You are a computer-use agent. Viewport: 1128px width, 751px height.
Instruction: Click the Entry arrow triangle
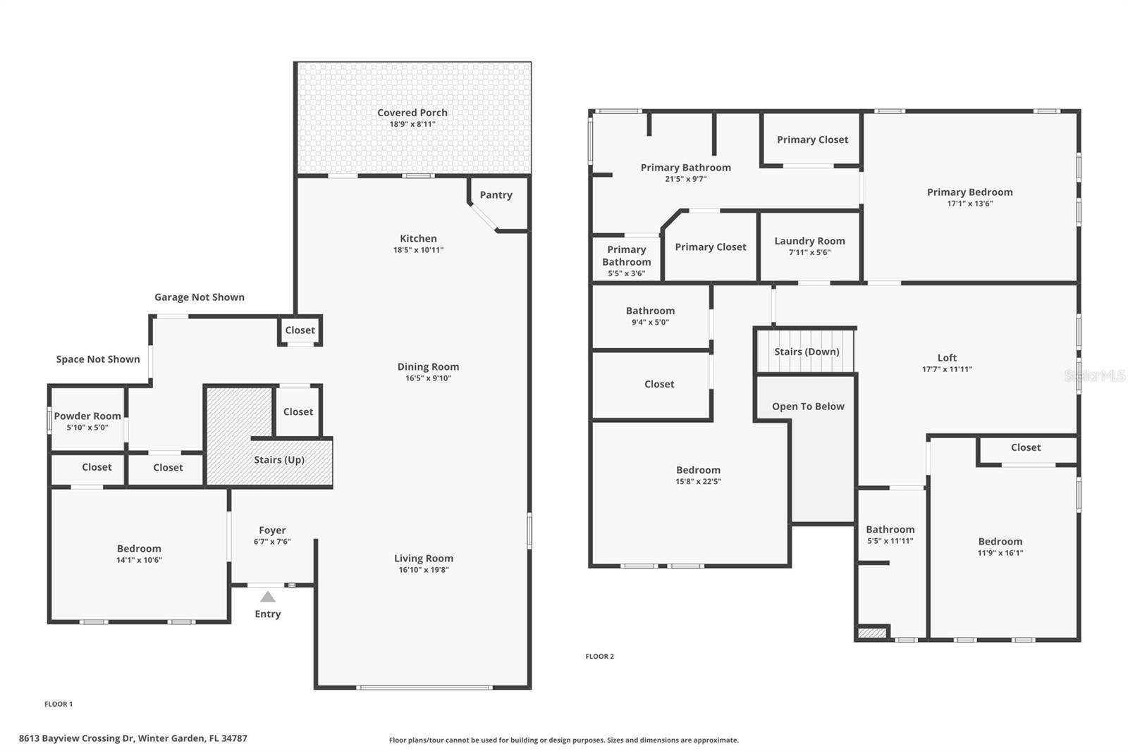pyautogui.click(x=268, y=597)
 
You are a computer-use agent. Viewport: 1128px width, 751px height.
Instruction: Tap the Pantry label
pyautogui.click(x=496, y=195)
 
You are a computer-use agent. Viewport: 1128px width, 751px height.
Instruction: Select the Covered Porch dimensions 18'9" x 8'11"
pyautogui.click(x=412, y=124)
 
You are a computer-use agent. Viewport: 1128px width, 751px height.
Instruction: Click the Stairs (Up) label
pyautogui.click(x=279, y=460)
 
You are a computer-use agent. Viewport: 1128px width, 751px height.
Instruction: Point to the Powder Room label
pyautogui.click(x=87, y=416)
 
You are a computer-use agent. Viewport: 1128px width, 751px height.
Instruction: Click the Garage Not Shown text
pyautogui.click(x=200, y=297)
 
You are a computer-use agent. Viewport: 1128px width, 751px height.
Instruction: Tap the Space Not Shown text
pyautogui.click(x=98, y=359)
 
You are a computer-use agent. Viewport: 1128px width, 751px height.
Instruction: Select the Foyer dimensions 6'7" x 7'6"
pyautogui.click(x=272, y=542)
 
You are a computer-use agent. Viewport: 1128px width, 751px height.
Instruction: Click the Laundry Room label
pyautogui.click(x=809, y=241)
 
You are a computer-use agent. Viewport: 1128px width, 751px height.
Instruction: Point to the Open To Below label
pyautogui.click(x=808, y=406)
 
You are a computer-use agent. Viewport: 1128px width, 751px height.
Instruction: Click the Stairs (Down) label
pyautogui.click(x=807, y=352)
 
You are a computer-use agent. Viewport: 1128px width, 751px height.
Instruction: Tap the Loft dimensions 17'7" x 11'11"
pyautogui.click(x=947, y=369)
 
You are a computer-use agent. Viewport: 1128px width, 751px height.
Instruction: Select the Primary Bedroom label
pyautogui.click(x=969, y=192)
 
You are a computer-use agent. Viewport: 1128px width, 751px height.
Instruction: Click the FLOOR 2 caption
pyautogui.click(x=599, y=657)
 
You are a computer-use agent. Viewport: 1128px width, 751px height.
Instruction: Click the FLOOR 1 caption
pyautogui.click(x=59, y=704)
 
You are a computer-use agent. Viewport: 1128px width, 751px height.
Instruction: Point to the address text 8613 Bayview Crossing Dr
pyautogui.click(x=77, y=738)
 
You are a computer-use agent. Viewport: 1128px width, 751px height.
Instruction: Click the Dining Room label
pyautogui.click(x=428, y=367)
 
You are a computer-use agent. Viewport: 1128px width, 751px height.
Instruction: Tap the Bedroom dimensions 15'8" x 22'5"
pyautogui.click(x=698, y=482)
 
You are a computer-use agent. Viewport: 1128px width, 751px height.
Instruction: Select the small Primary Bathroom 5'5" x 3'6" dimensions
pyautogui.click(x=626, y=273)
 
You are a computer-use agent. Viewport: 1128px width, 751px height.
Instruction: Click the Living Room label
pyautogui.click(x=424, y=559)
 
